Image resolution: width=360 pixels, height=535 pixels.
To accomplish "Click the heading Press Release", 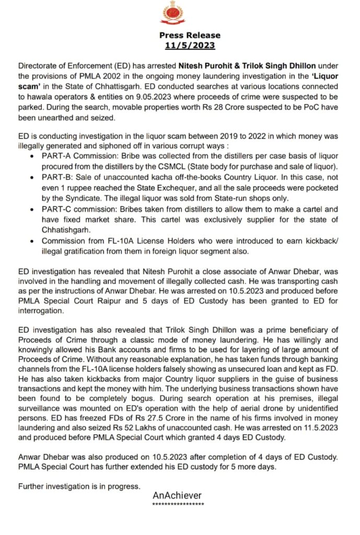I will pos(190,36).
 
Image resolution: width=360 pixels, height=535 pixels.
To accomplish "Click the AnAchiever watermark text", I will pos(177,495).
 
